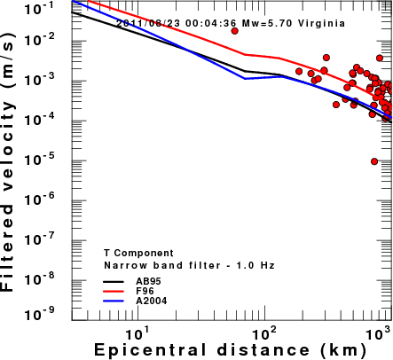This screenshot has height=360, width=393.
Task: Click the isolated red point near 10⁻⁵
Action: pyautogui.click(x=374, y=161)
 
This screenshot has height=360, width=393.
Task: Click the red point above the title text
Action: pyautogui.click(x=234, y=31)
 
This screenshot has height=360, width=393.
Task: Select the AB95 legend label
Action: pyautogui.click(x=148, y=281)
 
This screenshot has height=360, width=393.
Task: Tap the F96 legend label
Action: pyautogui.click(x=145, y=291)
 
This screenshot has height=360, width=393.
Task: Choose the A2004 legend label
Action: pyautogui.click(x=152, y=301)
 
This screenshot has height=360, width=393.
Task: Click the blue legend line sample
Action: pyautogui.click(x=114, y=301)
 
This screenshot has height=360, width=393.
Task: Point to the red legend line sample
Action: pyautogui.click(x=114, y=291)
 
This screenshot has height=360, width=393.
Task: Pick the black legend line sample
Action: pyautogui.click(x=114, y=281)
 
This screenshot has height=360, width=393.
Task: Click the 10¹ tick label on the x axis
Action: pyautogui.click(x=137, y=334)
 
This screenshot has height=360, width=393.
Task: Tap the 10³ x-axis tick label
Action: pyautogui.click(x=379, y=334)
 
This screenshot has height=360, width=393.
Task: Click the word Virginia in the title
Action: pyautogui.click(x=321, y=23)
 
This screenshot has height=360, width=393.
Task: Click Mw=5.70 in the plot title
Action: pyautogui.click(x=267, y=23)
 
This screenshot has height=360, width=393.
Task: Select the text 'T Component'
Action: pyautogui.click(x=138, y=253)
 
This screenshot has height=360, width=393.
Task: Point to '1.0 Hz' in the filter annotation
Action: pyautogui.click(x=255, y=265)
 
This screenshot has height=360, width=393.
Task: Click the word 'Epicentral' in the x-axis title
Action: pyautogui.click(x=150, y=350)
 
